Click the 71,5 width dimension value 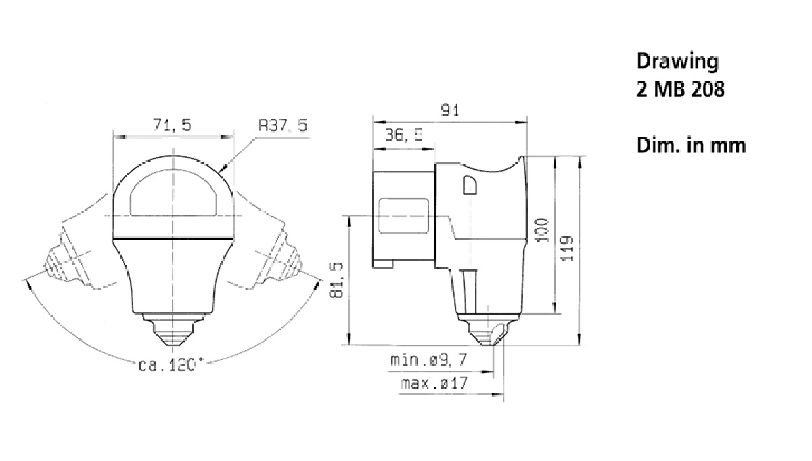coord(172,125)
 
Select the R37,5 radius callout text coord(283,125)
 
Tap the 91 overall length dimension coord(450,110)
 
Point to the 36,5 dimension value coord(404,135)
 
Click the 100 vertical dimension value coord(542,230)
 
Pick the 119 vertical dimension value coord(567,248)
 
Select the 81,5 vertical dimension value coord(336,280)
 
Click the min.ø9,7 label coord(429,360)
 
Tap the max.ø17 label coord(434,383)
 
